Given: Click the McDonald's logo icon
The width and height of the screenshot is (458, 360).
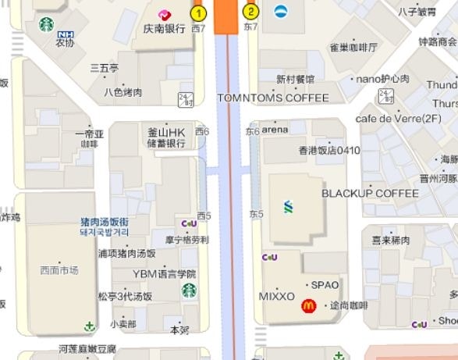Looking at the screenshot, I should pos(308,308).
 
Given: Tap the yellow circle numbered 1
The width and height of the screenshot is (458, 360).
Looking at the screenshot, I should pos(199,12).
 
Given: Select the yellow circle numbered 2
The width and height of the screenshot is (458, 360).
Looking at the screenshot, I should pos(250,11).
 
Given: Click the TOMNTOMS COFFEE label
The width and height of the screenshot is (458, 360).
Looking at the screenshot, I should pos(273,98).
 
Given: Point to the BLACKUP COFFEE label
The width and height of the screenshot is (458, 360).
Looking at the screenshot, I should pos(371,193).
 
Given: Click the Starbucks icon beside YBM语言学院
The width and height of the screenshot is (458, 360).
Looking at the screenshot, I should pos(189,290).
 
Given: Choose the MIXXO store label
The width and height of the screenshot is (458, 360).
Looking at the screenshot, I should pos(277,297).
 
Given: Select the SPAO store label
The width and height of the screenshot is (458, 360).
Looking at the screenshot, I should pos(325,285).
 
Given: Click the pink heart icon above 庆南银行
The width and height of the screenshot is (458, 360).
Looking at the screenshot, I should pos(165,15).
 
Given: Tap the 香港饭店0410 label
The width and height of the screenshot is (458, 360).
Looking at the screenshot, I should pos(329,150).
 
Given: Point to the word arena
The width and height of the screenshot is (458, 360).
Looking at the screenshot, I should pos(275,129).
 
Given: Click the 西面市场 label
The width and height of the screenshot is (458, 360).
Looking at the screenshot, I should pos(59,270).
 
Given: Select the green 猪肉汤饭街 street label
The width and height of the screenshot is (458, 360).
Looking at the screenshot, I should pos(104,222).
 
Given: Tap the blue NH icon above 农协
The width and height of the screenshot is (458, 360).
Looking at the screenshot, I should pos(66,34).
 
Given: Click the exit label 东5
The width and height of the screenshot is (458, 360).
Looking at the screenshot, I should pos(257,214).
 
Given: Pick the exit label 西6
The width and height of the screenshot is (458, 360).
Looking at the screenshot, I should pos(202,131).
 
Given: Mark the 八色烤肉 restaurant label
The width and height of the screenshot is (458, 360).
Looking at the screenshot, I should pos(123,92).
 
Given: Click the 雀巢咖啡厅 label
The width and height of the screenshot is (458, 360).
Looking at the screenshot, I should pos(353,48).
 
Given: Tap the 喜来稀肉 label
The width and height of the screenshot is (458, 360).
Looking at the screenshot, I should pos(391,241).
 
